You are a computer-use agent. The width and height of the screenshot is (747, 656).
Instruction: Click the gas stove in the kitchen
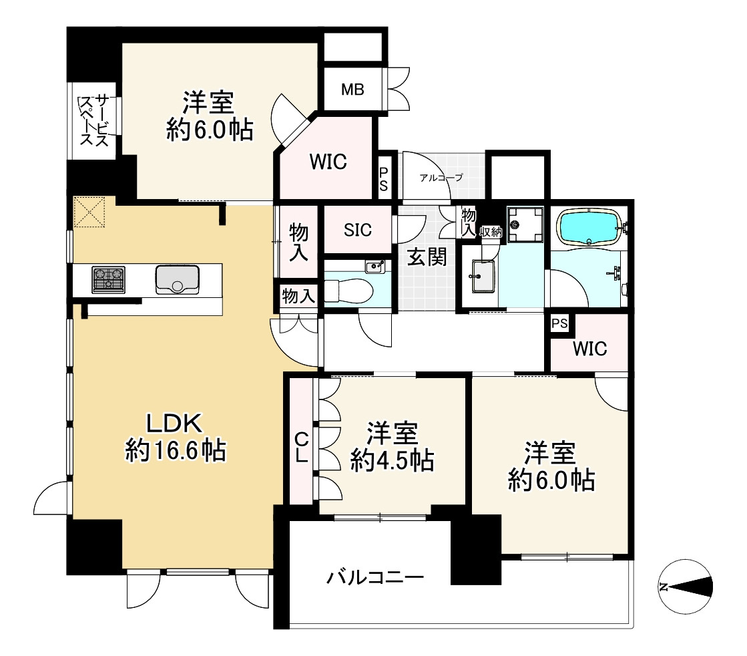(109, 279)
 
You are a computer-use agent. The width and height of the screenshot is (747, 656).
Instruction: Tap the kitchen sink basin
(177, 279)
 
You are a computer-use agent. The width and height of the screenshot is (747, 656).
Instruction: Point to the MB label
(352, 89)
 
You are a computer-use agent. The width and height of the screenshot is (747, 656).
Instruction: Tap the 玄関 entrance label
(427, 257)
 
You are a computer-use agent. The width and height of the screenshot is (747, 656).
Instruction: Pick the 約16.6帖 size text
(176, 452)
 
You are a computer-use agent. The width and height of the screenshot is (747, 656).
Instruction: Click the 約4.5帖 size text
(393, 460)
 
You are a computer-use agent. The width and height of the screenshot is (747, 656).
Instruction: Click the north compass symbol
(685, 587)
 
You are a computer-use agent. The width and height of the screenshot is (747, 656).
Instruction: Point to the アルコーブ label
(441, 178)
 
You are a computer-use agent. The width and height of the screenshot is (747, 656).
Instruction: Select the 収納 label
(491, 232)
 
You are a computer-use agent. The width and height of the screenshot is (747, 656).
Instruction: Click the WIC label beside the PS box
(589, 349)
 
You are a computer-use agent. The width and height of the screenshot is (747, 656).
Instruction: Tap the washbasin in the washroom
(481, 277)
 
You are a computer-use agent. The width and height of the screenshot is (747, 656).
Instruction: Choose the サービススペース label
(95, 121)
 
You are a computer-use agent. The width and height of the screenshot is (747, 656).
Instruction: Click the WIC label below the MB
(328, 162)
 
